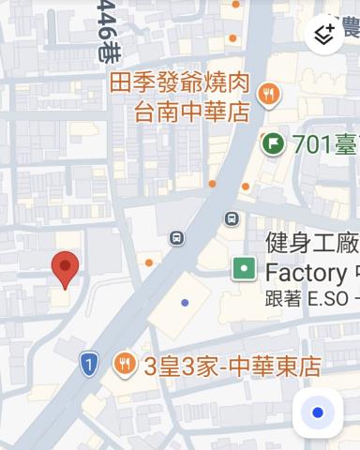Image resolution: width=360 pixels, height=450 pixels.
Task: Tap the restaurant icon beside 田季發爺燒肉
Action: (x=269, y=93)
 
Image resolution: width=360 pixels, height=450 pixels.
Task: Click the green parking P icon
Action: (x=273, y=143)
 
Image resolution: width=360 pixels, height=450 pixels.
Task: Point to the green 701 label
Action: (x=323, y=144)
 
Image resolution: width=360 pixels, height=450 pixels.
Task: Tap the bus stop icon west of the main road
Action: (x=176, y=238)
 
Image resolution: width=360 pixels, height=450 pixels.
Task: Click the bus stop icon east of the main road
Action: (x=231, y=218)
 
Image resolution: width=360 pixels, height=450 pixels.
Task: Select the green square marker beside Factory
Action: (x=244, y=269)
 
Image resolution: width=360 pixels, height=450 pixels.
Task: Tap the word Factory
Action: (x=306, y=273)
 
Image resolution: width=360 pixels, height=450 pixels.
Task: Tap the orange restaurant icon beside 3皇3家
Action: (x=124, y=365)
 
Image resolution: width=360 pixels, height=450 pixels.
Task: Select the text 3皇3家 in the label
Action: (x=175, y=367)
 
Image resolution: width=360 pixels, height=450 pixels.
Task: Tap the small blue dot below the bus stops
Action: (x=186, y=302)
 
